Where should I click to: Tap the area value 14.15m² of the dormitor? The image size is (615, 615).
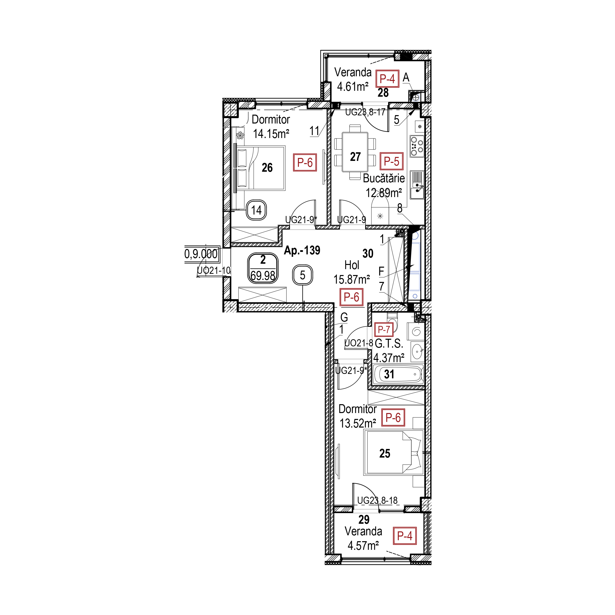[271, 134]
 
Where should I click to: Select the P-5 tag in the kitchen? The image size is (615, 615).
[391, 161]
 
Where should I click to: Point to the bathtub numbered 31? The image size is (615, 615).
[398, 374]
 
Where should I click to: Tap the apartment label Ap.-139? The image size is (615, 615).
[302, 250]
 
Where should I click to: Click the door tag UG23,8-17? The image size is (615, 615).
[365, 112]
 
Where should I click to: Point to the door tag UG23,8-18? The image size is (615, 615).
[377, 501]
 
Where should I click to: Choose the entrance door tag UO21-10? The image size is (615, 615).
[214, 271]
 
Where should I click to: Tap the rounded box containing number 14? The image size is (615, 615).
[256, 210]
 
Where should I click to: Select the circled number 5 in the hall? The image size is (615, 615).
[302, 275]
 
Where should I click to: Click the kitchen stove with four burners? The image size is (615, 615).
[417, 146]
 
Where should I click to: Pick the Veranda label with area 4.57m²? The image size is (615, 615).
[363, 538]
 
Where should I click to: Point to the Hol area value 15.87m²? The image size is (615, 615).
[352, 279]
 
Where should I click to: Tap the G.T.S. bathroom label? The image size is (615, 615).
[389, 344]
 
